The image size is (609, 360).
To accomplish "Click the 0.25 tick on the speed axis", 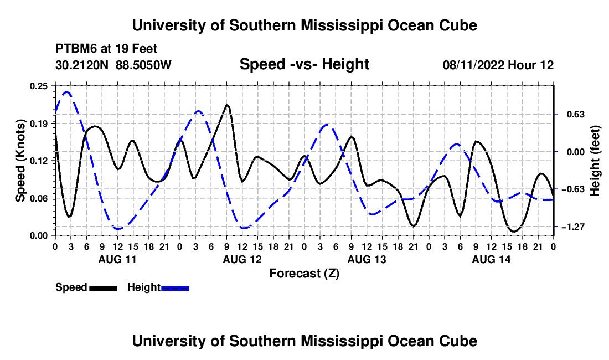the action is pyautogui.click(x=39, y=86).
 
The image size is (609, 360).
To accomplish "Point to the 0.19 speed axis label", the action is pyautogui.click(x=39, y=124).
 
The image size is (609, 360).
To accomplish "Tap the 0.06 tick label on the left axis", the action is pyautogui.click(x=39, y=198).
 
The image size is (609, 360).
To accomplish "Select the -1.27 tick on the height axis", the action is pyautogui.click(x=573, y=227).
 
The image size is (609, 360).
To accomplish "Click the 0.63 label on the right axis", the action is pyautogui.click(x=576, y=114).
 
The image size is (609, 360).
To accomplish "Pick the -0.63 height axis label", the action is pyautogui.click(x=573, y=189).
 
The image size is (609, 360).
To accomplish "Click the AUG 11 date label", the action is pyautogui.click(x=117, y=259).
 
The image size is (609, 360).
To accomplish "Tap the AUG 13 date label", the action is pyautogui.click(x=367, y=259).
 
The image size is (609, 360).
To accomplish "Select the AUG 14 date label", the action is pyautogui.click(x=491, y=259).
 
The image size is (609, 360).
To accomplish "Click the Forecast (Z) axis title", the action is pyautogui.click(x=304, y=274).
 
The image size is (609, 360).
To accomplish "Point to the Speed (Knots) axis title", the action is pyautogui.click(x=20, y=161).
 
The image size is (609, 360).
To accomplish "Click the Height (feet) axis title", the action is pyautogui.click(x=595, y=161).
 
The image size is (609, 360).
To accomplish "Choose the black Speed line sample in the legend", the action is pyautogui.click(x=104, y=288).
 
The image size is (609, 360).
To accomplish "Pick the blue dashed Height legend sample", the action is pyautogui.click(x=175, y=288).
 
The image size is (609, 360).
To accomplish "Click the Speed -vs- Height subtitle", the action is pyautogui.click(x=304, y=64).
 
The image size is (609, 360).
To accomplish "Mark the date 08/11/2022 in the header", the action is pyautogui.click(x=473, y=65).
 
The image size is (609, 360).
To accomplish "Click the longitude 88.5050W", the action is pyautogui.click(x=143, y=65).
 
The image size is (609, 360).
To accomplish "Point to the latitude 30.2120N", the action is pyautogui.click(x=82, y=65).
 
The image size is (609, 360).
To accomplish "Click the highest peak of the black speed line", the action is pyautogui.click(x=227, y=105).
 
